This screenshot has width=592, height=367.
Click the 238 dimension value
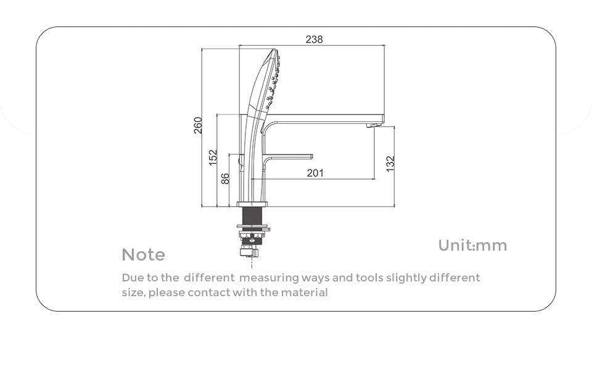click(314, 39)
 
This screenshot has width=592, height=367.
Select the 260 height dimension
click(198, 125)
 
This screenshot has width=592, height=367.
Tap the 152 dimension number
click(213, 157)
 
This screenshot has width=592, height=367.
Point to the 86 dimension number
click(224, 179)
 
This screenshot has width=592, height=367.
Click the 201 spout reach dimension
click(315, 173)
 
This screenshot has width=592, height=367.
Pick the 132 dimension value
click(390, 164)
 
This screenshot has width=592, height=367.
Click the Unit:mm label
click(472, 246)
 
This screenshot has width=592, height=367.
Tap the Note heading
click(143, 254)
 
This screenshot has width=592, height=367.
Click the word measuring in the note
click(269, 278)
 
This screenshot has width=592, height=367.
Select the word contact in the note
click(209, 292)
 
